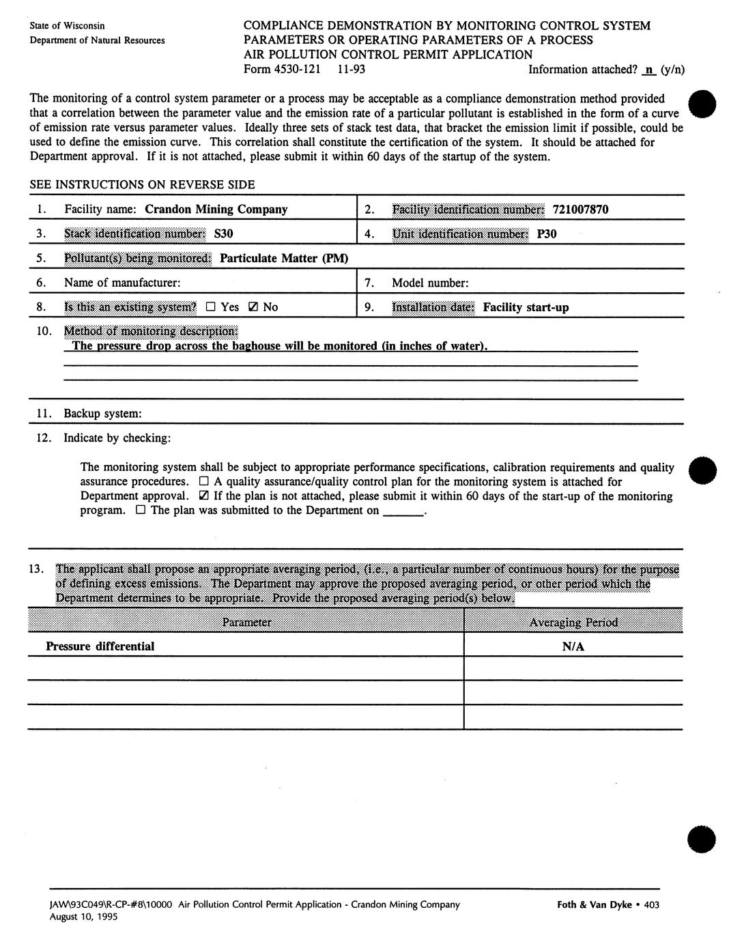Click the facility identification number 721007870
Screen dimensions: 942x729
(580, 210)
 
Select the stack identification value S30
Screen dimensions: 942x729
(223, 234)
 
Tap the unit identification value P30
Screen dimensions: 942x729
(546, 234)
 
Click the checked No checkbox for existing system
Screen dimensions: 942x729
(253, 307)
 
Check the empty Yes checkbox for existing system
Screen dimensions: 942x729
(211, 307)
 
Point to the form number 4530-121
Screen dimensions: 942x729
(282, 69)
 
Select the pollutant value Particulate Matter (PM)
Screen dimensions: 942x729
(284, 258)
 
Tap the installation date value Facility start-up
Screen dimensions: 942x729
(526, 307)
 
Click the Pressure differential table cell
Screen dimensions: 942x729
(100, 646)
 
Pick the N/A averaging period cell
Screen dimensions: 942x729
(573, 646)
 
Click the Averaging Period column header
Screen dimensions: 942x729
(573, 623)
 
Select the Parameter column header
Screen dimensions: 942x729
(246, 623)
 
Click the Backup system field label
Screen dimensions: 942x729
(102, 414)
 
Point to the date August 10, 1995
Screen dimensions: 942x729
(83, 917)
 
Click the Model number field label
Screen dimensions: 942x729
(430, 283)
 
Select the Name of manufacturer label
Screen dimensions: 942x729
(122, 283)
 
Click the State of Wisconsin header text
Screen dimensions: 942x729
(67, 26)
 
